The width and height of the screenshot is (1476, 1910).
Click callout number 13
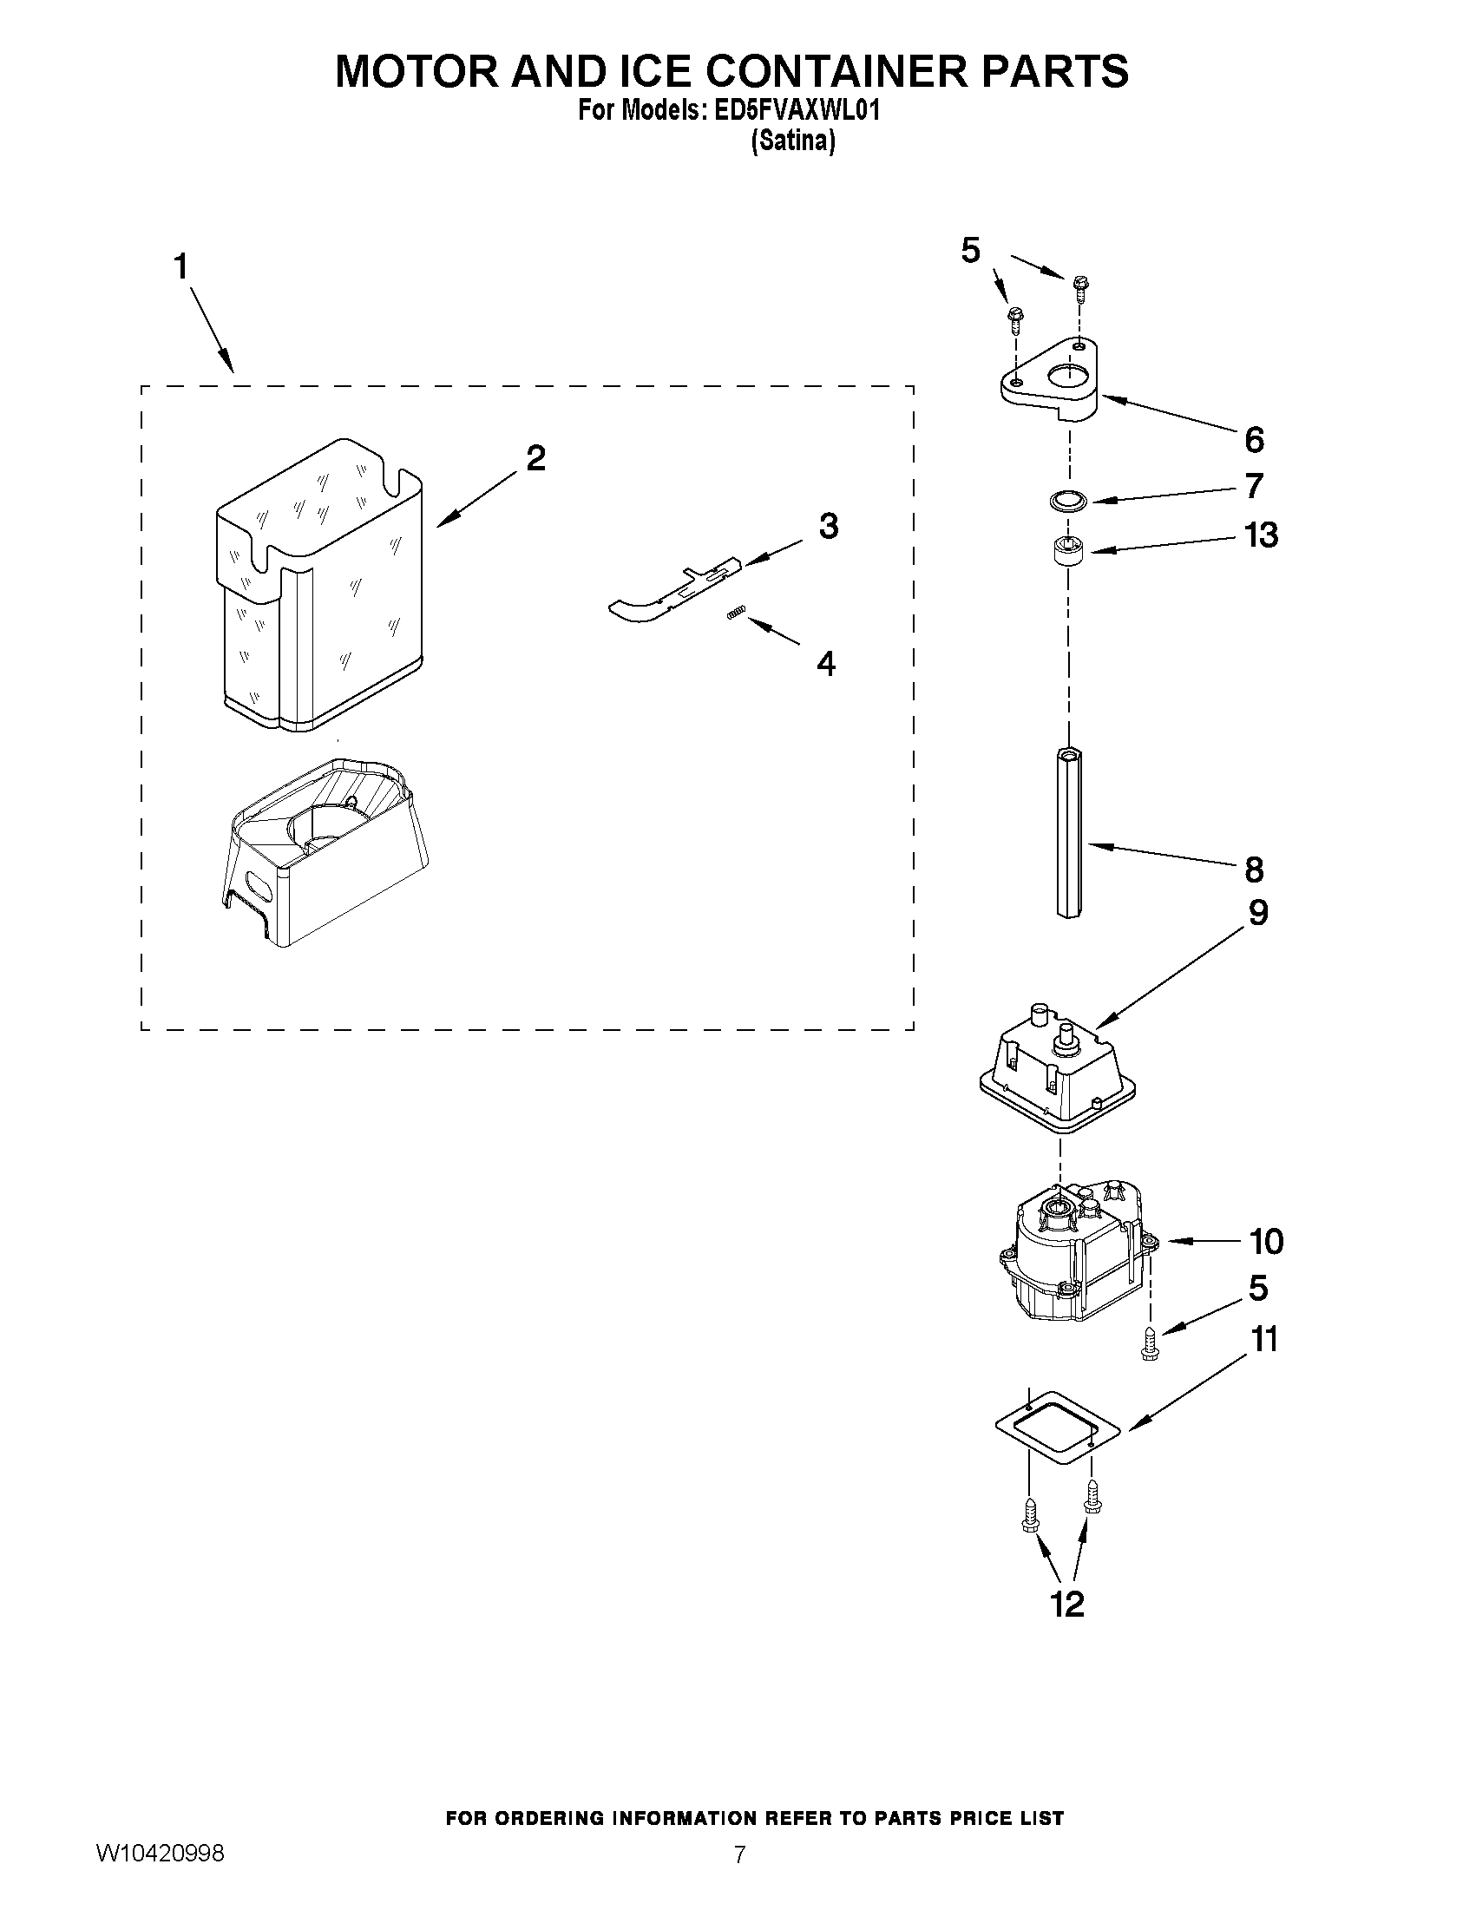point(1261,535)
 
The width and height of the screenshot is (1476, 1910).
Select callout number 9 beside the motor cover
point(1257,913)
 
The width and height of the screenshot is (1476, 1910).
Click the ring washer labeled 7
point(1066,501)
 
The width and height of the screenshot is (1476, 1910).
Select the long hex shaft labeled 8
point(1068,830)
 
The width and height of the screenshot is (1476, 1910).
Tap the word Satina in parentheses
point(793,141)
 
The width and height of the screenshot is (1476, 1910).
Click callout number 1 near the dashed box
point(181,266)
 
